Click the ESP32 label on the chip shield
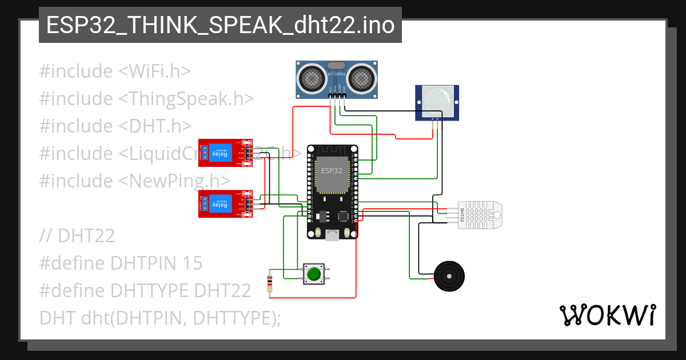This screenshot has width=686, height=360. click(x=332, y=171)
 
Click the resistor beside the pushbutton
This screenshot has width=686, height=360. click(x=270, y=283)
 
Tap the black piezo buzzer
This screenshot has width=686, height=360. click(x=449, y=276)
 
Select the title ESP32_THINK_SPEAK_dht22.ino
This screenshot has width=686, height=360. click(x=220, y=25)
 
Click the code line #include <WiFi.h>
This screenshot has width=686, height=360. click(x=115, y=71)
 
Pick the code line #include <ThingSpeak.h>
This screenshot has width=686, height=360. click(x=146, y=98)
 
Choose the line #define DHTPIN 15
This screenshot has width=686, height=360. click(x=121, y=263)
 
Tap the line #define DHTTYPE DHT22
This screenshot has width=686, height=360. click(x=145, y=290)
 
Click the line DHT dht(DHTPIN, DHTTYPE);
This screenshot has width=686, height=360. click(x=160, y=318)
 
